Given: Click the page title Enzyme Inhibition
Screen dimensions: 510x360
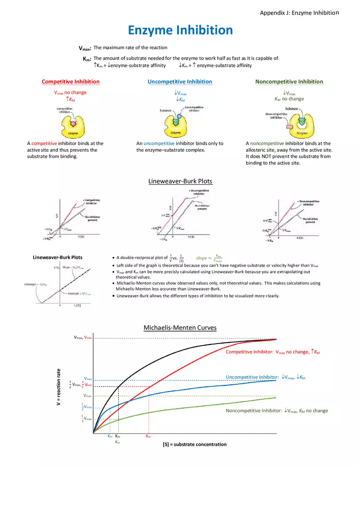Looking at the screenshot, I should (180, 30).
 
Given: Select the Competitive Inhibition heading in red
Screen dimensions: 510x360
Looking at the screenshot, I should (70, 82).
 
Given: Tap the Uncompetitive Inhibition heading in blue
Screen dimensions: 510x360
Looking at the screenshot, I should (180, 82).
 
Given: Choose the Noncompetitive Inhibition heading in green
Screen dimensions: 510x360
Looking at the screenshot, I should (289, 82).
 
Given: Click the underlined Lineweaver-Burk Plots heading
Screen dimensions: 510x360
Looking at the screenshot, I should (180, 181).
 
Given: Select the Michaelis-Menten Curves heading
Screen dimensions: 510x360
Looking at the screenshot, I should (180, 328).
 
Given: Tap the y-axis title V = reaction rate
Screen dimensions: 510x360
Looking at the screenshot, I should (59, 387).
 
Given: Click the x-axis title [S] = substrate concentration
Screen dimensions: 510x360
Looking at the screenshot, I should (194, 445).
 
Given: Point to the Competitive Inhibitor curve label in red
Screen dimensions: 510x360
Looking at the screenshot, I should (273, 352).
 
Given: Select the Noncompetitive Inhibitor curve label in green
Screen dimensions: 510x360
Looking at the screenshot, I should (277, 411).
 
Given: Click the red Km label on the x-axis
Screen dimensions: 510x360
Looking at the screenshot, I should (148, 436).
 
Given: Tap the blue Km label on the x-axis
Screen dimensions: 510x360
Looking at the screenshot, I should (110, 436).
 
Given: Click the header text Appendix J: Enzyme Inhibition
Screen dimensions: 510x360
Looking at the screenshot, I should (299, 13).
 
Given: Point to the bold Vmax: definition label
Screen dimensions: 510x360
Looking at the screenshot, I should (85, 48).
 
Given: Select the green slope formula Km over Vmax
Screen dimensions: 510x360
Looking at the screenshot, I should (209, 258).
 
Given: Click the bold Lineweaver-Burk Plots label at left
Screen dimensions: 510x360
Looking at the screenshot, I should (57, 257).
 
